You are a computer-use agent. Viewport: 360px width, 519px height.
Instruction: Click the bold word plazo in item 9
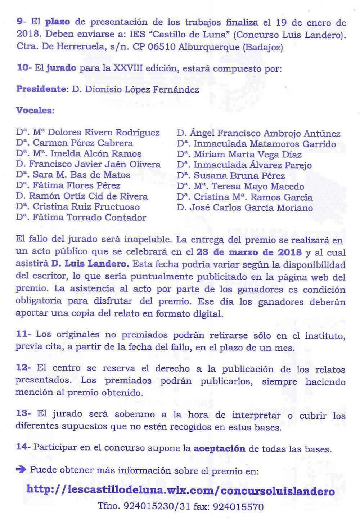[x=58, y=22]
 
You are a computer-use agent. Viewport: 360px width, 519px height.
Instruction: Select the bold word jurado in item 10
[x=61, y=68]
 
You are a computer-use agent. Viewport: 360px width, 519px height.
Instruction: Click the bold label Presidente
[x=41, y=89]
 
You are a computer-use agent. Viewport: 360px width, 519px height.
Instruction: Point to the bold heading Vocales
[x=34, y=110]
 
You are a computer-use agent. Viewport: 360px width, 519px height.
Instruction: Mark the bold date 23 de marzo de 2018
[x=249, y=252]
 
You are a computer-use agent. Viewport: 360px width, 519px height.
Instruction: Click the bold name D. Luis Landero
[x=90, y=264]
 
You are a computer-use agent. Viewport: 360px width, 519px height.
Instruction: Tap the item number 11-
[x=23, y=334]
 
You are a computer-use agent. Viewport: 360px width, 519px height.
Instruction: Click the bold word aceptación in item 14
[x=219, y=449]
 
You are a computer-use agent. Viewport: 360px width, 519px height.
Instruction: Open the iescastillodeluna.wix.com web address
[x=180, y=491]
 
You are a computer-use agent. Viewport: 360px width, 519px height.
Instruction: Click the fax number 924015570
[x=238, y=507]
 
